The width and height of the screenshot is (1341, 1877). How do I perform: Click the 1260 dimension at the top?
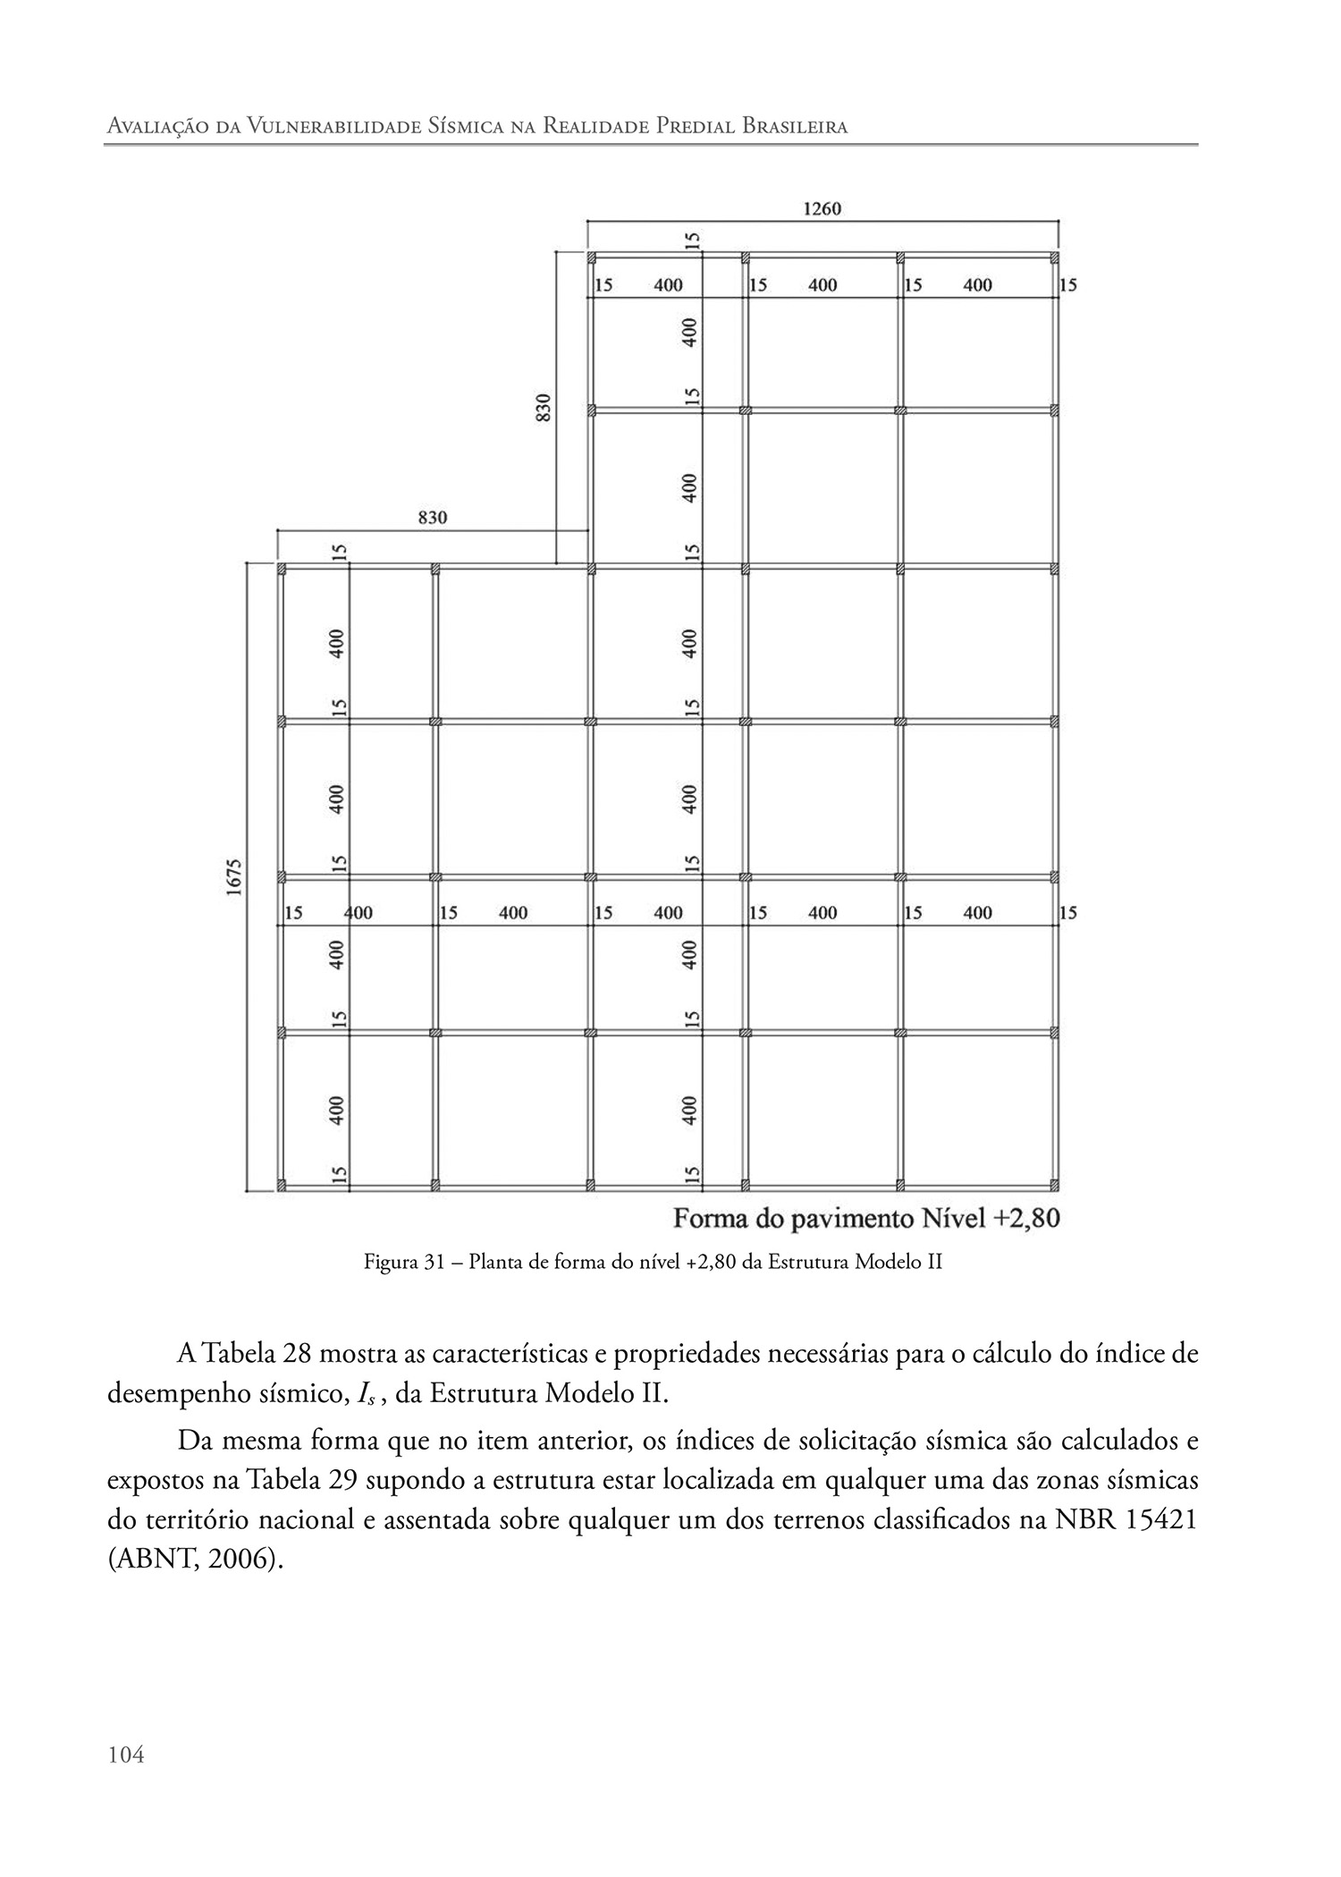[x=822, y=209]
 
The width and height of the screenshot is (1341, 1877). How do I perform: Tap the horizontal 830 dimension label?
[x=433, y=518]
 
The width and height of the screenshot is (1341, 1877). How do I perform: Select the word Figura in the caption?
[x=391, y=1263]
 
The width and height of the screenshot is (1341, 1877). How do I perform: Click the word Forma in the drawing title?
[x=712, y=1220]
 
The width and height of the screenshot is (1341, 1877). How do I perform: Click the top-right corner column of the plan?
[x=1056, y=258]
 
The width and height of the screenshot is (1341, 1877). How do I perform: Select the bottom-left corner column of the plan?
[x=281, y=1186]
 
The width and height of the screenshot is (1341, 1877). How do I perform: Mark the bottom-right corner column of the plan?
[x=1056, y=1186]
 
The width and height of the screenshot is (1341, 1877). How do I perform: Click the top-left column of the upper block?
[x=591, y=258]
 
